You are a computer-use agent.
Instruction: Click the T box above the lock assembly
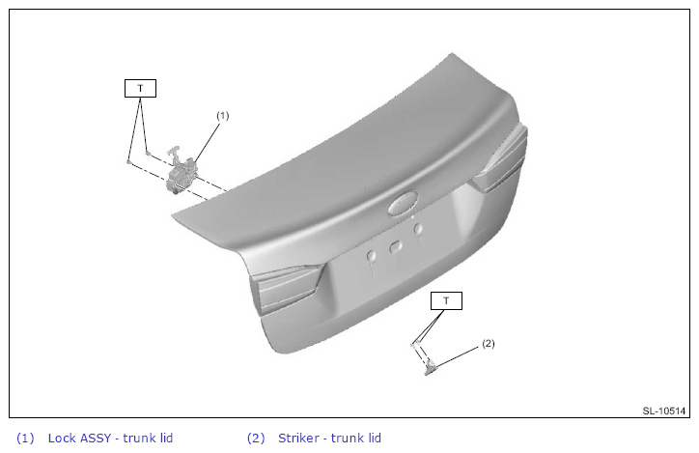pyautogui.click(x=140, y=88)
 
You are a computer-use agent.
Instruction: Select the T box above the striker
pyautogui.click(x=446, y=301)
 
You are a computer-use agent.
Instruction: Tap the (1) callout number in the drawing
pyautogui.click(x=222, y=116)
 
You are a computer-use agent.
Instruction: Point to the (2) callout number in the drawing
pyautogui.click(x=489, y=343)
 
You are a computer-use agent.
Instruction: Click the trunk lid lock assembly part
pyautogui.click(x=181, y=173)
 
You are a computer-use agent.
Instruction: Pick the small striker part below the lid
pyautogui.click(x=431, y=368)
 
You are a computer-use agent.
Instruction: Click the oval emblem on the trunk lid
pyautogui.click(x=404, y=204)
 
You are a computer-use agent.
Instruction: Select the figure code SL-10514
pyautogui.click(x=664, y=411)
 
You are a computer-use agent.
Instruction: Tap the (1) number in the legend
pyautogui.click(x=25, y=438)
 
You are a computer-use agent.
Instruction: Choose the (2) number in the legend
pyautogui.click(x=256, y=438)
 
